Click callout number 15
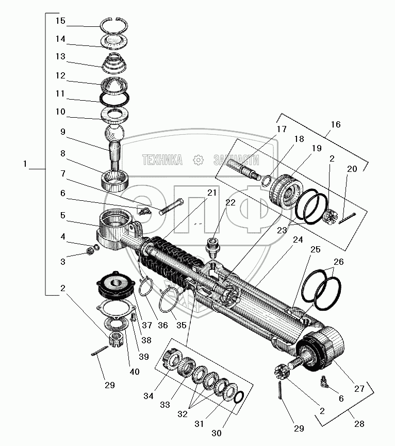60,21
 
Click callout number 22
230,202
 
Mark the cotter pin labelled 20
348,218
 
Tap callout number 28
359,424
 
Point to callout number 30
216,433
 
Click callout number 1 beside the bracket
25,164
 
